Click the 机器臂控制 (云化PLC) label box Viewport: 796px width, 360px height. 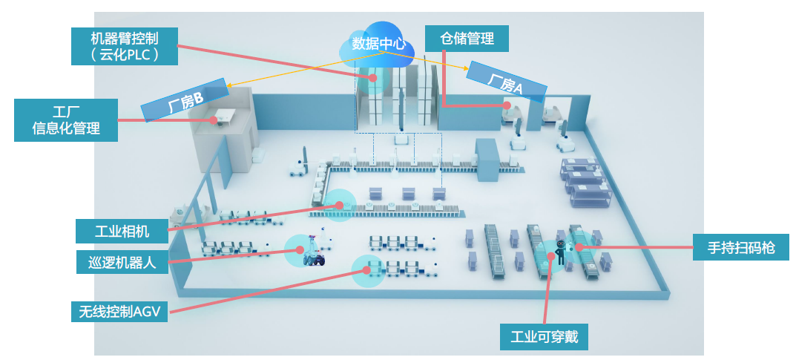(125, 46)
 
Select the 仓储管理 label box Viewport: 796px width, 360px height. (467, 38)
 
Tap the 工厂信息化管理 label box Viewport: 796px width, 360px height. (66, 120)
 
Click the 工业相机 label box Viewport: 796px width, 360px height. (122, 231)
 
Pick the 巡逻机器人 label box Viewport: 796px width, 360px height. (122, 261)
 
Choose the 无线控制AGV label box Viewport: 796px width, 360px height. (119, 311)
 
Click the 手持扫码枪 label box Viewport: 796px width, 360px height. (740, 247)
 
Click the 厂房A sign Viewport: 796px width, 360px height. (507, 82)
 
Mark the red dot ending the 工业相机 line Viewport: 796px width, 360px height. (343, 204)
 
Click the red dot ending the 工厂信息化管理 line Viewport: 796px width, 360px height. (214, 119)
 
